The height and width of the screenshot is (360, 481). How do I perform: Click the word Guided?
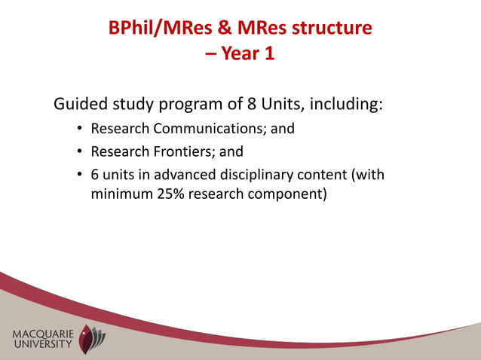point(81,103)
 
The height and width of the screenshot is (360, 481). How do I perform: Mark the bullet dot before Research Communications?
point(79,129)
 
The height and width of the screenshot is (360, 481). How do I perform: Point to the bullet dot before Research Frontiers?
point(79,151)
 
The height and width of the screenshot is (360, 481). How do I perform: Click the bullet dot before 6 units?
point(79,175)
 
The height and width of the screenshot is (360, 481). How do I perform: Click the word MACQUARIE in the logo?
point(42,334)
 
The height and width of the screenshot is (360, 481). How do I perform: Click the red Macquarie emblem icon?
point(92,339)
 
